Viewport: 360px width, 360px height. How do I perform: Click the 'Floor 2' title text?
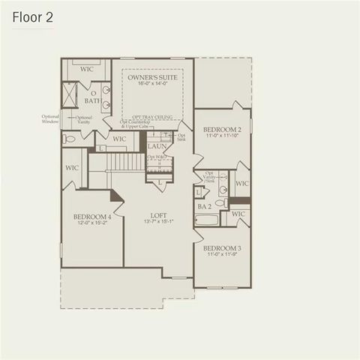click(x=31, y=17)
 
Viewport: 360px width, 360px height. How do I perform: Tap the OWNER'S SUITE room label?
click(x=152, y=77)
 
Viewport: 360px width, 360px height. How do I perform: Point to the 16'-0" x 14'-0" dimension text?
click(x=152, y=84)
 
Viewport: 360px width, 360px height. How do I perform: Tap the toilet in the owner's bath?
click(x=70, y=139)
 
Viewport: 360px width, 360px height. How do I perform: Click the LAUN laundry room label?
click(x=157, y=146)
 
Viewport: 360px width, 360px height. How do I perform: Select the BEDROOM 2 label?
click(x=223, y=129)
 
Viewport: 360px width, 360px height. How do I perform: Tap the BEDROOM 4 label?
click(x=92, y=217)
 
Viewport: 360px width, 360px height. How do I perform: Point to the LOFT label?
click(x=158, y=214)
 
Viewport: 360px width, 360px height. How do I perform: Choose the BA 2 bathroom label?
click(x=203, y=205)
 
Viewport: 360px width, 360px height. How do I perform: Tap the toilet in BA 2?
click(x=222, y=202)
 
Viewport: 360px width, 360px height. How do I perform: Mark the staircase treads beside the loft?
click(x=124, y=161)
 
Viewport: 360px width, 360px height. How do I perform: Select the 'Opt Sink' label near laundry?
click(x=181, y=137)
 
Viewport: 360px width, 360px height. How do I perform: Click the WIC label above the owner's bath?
click(x=87, y=69)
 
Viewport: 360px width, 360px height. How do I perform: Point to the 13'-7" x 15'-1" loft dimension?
click(x=158, y=221)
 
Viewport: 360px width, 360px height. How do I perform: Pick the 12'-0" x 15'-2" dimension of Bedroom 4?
click(x=92, y=223)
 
